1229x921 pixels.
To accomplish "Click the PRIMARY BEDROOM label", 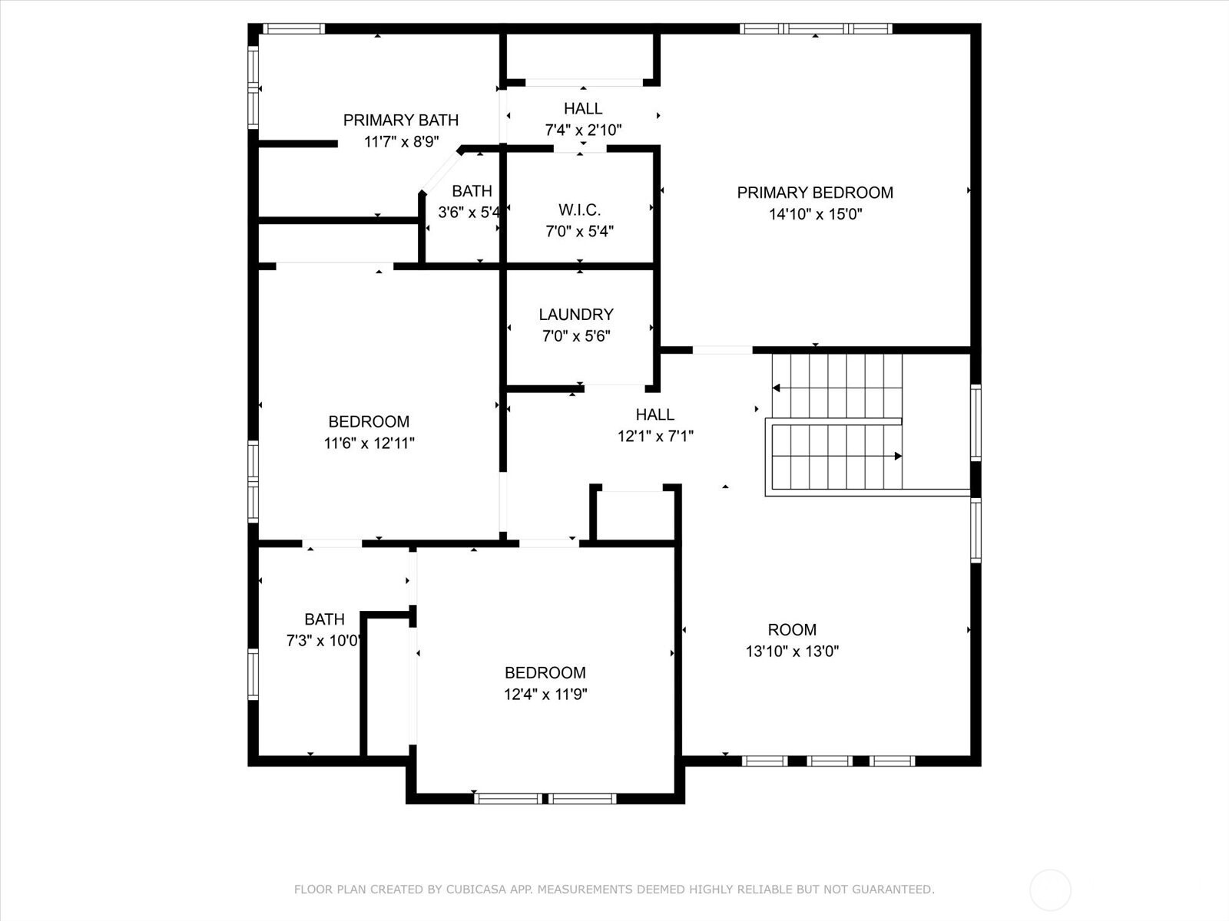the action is pos(815,193).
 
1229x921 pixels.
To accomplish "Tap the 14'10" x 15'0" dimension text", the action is pos(815,214).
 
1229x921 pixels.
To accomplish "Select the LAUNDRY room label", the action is pos(576,314).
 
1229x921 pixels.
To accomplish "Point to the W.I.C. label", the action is pos(579,210).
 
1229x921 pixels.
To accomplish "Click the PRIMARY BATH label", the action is pos(401,120).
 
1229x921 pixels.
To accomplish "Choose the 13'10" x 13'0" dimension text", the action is pos(792,651).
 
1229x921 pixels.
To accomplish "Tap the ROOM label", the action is pos(792,629).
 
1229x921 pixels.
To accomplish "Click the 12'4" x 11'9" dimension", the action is pos(545,694).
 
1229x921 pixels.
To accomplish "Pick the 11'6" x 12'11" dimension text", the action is pos(369,443).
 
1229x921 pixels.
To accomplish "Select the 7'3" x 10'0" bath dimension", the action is pos(323,640).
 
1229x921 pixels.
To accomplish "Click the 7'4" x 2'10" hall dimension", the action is pos(584,130).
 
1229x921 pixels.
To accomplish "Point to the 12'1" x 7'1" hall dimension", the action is pos(655,436).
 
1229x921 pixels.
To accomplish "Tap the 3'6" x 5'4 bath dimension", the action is pos(469,213).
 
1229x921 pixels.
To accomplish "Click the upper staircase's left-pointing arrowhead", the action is pos(776,388).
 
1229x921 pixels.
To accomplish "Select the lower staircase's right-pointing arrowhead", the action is pos(898,457).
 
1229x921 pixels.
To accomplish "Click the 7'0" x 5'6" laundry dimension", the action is pos(576,335).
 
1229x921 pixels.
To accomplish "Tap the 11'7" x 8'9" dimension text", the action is pos(402,141).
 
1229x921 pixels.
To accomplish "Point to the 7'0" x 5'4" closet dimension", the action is pos(579,231).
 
